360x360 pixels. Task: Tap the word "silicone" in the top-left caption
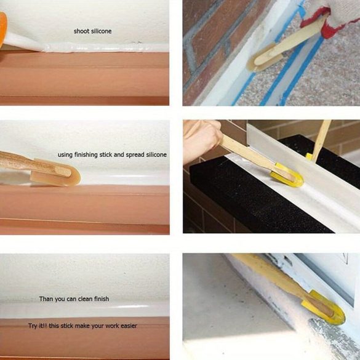[102, 31]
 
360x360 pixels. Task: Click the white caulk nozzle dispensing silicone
[23, 42]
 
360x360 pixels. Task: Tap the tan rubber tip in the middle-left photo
[55, 172]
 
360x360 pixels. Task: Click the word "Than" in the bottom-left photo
[46, 299]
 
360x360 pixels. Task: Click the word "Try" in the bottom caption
[33, 326]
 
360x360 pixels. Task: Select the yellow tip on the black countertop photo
[287, 175]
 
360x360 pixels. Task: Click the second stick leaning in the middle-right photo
[321, 140]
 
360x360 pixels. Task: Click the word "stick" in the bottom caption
[67, 326]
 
